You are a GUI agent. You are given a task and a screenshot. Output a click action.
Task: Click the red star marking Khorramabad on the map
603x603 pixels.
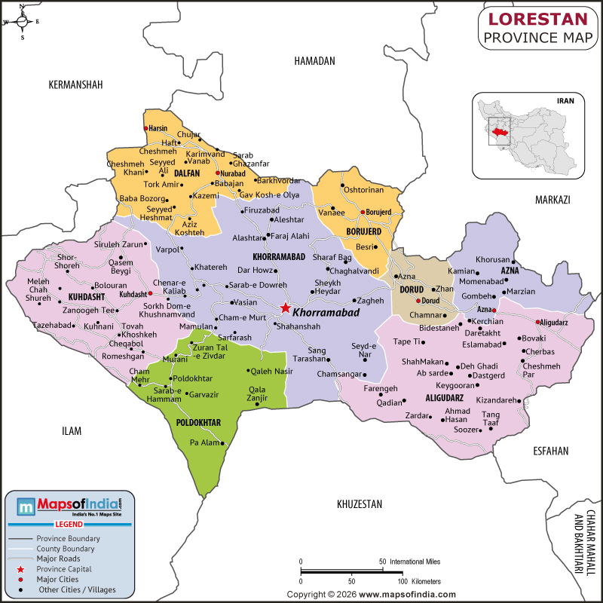tap(285, 308)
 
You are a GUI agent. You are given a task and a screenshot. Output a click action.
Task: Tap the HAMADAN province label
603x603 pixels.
tap(314, 61)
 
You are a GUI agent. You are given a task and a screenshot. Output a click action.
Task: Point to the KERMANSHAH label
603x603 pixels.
tap(75, 84)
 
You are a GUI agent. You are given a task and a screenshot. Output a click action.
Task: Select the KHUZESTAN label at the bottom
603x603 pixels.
tap(360, 504)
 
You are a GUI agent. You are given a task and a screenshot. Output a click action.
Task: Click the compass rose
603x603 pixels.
tap(22, 22)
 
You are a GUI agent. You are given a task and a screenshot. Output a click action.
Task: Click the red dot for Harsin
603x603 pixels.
tap(145, 128)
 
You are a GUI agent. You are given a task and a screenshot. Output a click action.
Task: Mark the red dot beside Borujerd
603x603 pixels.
tap(362, 213)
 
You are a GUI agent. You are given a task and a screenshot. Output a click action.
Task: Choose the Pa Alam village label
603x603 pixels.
tap(204, 442)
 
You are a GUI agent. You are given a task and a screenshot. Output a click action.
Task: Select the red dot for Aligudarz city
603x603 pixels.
tap(537, 323)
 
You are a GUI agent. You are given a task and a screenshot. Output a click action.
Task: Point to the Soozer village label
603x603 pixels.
tap(466, 430)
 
